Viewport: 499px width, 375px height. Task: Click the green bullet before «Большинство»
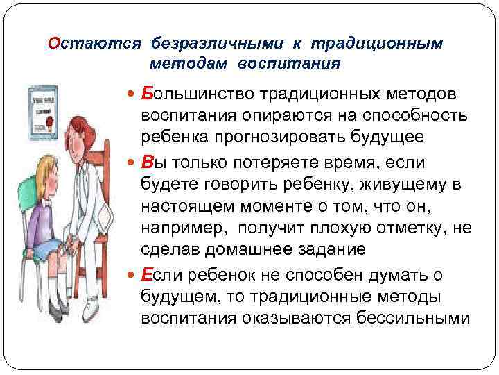pyautogui.click(x=132, y=94)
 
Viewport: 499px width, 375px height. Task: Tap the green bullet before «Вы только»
pyautogui.click(x=132, y=162)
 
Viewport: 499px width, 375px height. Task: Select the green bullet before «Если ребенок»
pyautogui.click(x=132, y=276)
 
